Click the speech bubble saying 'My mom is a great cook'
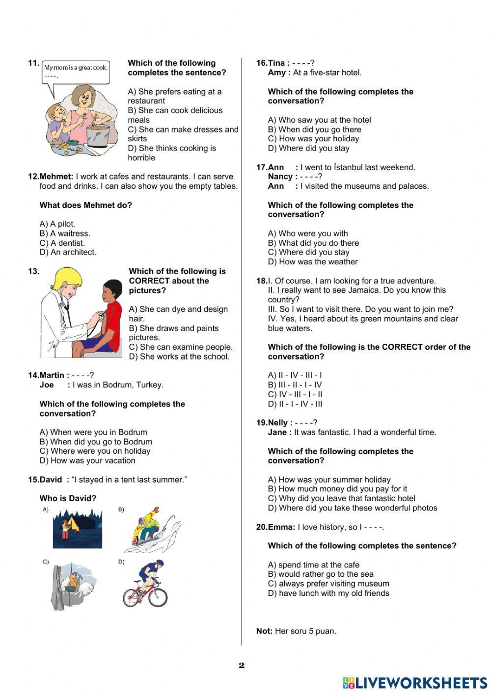coord(76,72)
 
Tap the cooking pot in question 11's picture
coord(98,135)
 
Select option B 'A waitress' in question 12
coord(65,233)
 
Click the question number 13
coord(33,271)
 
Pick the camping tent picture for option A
coord(77,528)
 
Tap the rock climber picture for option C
coord(74,585)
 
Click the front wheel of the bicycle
coord(158,595)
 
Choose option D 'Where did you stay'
coord(308,148)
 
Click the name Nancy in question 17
coord(280,177)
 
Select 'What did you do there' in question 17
coord(313,243)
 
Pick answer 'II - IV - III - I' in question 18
coord(295,376)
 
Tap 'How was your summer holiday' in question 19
coord(329,480)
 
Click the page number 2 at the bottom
coord(241,666)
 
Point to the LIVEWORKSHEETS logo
coord(415,683)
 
